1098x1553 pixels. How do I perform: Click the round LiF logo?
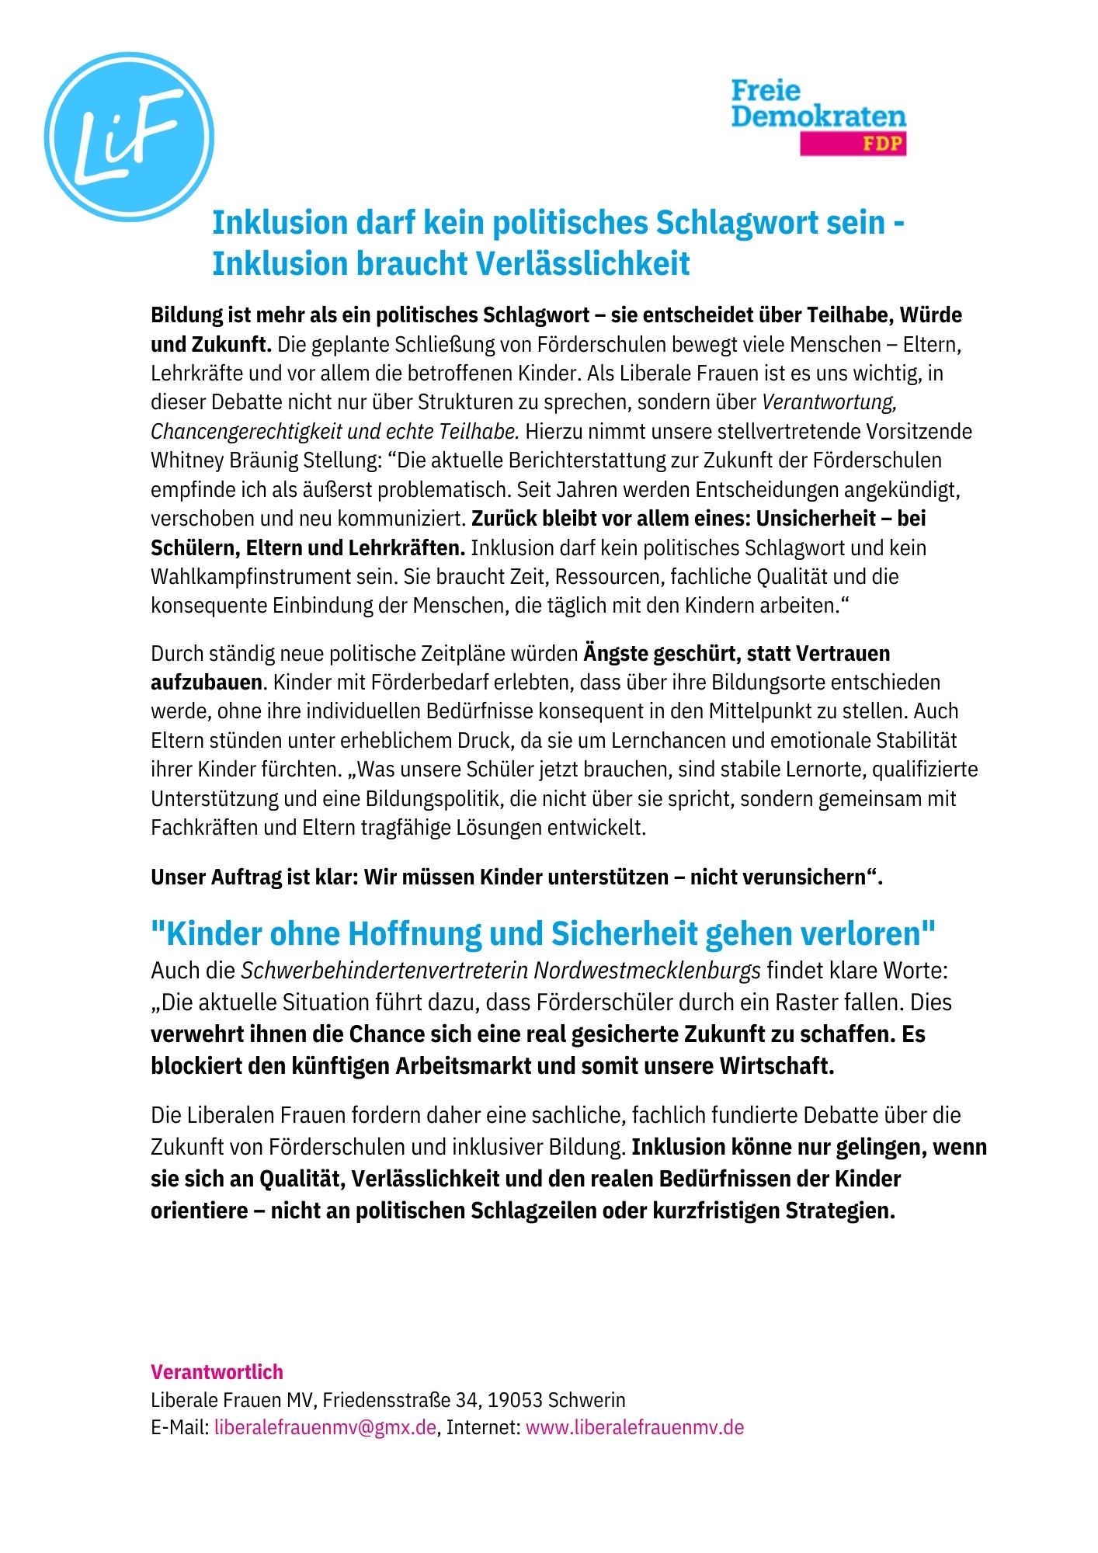point(129,137)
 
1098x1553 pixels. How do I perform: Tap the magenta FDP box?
point(853,144)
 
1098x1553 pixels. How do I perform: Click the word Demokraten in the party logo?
point(818,116)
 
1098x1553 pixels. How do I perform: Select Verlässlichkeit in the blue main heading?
point(582,263)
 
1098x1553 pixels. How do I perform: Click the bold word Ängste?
point(614,653)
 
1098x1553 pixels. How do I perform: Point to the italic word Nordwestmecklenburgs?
point(647,971)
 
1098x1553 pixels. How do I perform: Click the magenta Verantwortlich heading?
point(217,1372)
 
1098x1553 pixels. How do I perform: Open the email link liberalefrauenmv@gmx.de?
point(325,1427)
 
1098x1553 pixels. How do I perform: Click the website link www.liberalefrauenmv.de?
point(634,1427)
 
